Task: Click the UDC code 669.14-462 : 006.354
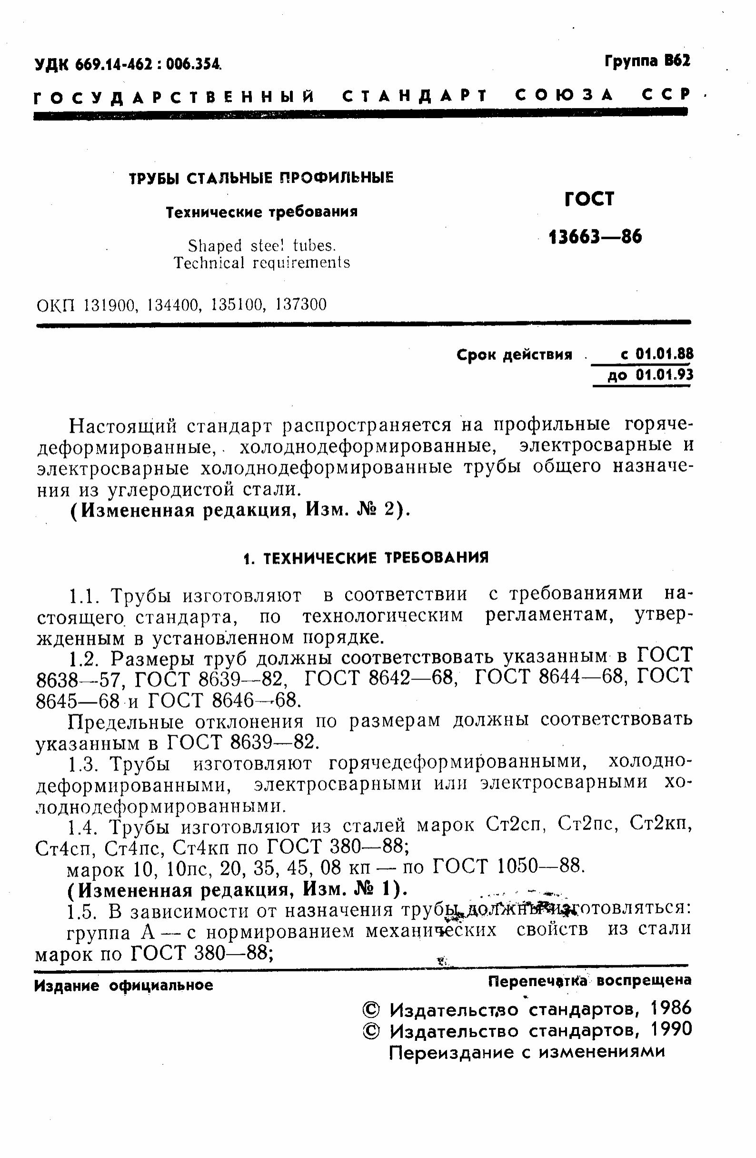[149, 64]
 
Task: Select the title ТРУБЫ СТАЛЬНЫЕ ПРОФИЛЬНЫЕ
[261, 178]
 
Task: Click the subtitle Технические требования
[262, 212]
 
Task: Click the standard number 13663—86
[595, 238]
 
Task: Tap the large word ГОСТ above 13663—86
[590, 199]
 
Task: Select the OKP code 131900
[109, 305]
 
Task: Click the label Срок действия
[514, 355]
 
